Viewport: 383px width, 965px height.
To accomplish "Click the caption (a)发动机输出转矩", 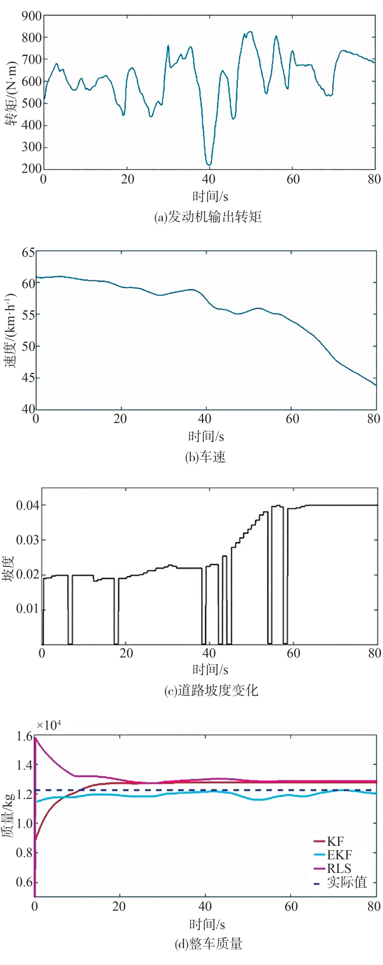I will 208,217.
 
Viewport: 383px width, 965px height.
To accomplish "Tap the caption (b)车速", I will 205,457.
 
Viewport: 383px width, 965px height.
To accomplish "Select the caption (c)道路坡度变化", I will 211,690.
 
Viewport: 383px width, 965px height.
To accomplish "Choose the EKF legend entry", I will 339,855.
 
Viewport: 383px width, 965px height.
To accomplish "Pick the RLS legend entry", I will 339,868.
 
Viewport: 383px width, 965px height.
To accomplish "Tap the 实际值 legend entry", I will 347,882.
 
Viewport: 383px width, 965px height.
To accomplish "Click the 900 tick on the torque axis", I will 32,16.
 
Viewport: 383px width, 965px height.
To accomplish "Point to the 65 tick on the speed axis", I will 28,252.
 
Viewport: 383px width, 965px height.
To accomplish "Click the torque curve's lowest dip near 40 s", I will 209,164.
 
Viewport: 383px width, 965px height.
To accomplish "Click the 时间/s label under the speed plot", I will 206,436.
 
